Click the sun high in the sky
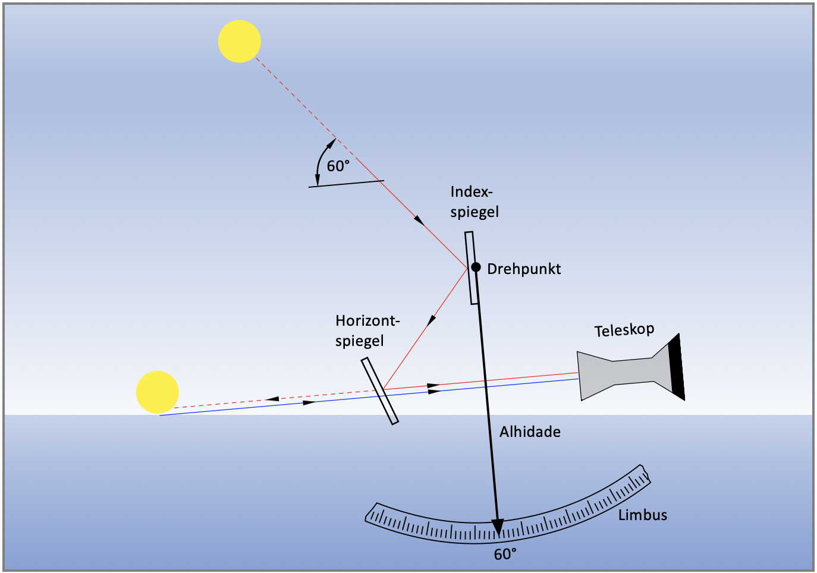coord(239,41)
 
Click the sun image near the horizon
coord(157,392)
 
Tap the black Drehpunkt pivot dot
coord(476,267)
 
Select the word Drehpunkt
coord(524,269)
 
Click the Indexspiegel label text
coord(474,202)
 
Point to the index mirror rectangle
coord(472,268)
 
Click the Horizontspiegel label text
coord(367,331)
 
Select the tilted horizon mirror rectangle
coord(380,391)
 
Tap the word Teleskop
coord(624,330)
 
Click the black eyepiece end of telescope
coord(677,367)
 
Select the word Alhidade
coord(530,432)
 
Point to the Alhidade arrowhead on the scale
coord(498,527)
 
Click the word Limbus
coord(642,515)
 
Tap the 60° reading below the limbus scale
coord(505,555)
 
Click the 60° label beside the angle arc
coord(338,166)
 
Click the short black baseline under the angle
coord(346,184)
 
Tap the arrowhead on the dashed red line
coord(272,399)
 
